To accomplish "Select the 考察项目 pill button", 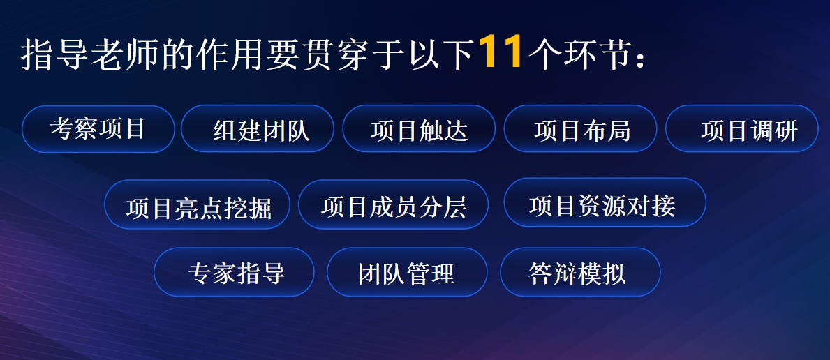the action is pyautogui.click(x=98, y=129).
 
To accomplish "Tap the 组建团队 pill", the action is pyautogui.click(x=258, y=129).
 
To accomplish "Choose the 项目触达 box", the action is pyautogui.click(x=420, y=129).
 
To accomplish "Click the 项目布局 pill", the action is pyautogui.click(x=581, y=129).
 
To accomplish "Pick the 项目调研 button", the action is pyautogui.click(x=742, y=129).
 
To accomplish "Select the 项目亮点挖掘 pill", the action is pyautogui.click(x=198, y=205).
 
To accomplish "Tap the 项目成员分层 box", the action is pyautogui.click(x=393, y=205).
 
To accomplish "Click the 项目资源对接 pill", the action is pyautogui.click(x=605, y=203).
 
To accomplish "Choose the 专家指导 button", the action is pyautogui.click(x=234, y=272).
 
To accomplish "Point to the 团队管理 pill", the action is pyautogui.click(x=407, y=272).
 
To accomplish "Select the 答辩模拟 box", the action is pyautogui.click(x=581, y=272).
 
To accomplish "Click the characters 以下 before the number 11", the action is pyautogui.click(x=447, y=54).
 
